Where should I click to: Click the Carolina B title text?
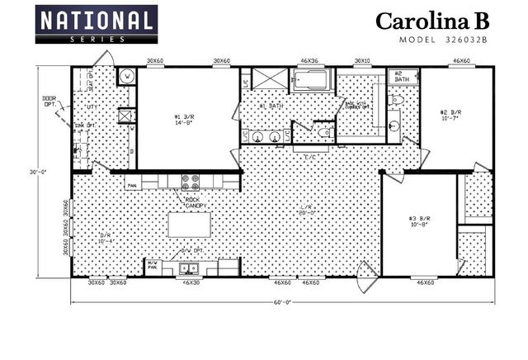431,21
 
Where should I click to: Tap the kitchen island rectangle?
190,225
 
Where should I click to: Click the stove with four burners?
191,182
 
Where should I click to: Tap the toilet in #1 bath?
324,131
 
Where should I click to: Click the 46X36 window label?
309,61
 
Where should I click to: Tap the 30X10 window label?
362,61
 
